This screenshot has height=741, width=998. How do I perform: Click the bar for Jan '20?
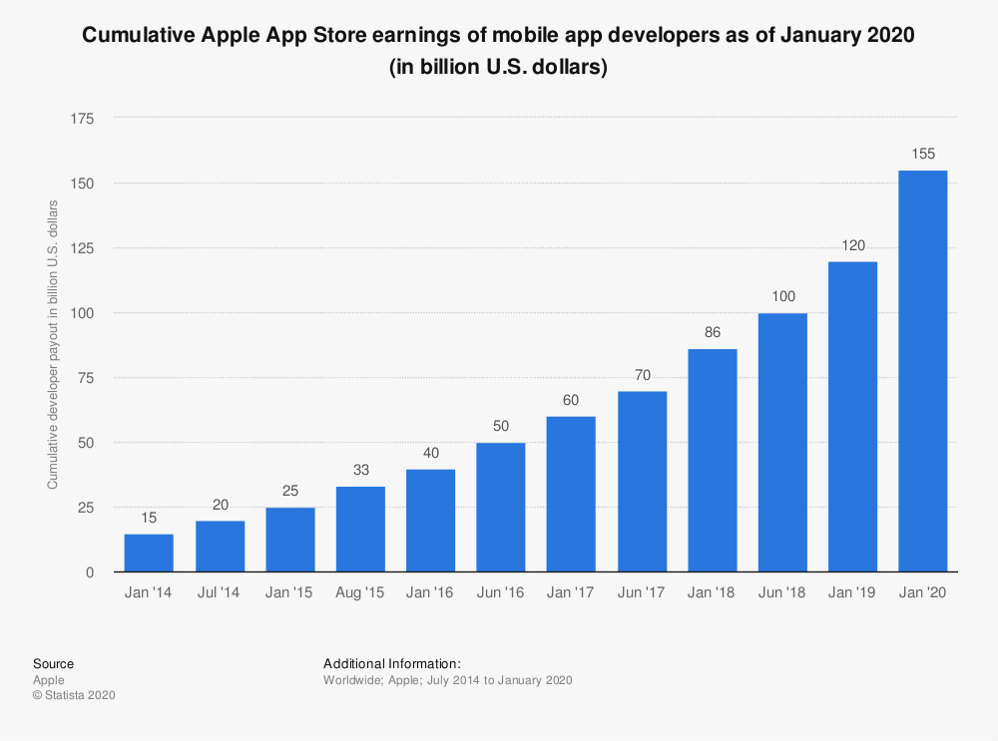pyautogui.click(x=922, y=371)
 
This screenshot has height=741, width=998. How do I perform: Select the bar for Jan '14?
pyautogui.click(x=149, y=553)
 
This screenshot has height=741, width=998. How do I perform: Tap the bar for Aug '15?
pyautogui.click(x=360, y=529)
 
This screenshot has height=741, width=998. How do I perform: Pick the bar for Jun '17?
pyautogui.click(x=642, y=481)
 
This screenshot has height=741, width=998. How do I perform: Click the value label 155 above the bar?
pyautogui.click(x=922, y=154)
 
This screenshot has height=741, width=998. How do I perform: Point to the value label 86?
pyautogui.click(x=712, y=333)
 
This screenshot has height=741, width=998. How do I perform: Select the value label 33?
pyautogui.click(x=360, y=470)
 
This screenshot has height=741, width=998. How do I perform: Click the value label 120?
pyautogui.click(x=852, y=244)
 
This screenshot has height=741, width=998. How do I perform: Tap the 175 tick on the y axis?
pyautogui.click(x=82, y=119)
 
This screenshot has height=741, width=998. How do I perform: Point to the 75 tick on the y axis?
pyautogui.click(x=86, y=378)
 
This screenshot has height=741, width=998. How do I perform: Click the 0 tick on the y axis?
pyautogui.click(x=90, y=572)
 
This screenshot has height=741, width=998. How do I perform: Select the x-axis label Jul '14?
pyautogui.click(x=220, y=593)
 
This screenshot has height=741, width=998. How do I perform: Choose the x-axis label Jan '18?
pyautogui.click(x=712, y=593)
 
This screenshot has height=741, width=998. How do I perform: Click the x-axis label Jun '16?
pyautogui.click(x=501, y=593)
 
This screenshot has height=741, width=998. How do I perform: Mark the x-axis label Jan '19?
pyautogui.click(x=852, y=593)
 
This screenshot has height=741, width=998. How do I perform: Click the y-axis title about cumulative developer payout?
pyautogui.click(x=53, y=344)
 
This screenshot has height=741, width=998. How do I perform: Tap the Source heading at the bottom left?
pyautogui.click(x=53, y=663)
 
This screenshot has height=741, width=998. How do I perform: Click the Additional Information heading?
pyautogui.click(x=391, y=663)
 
